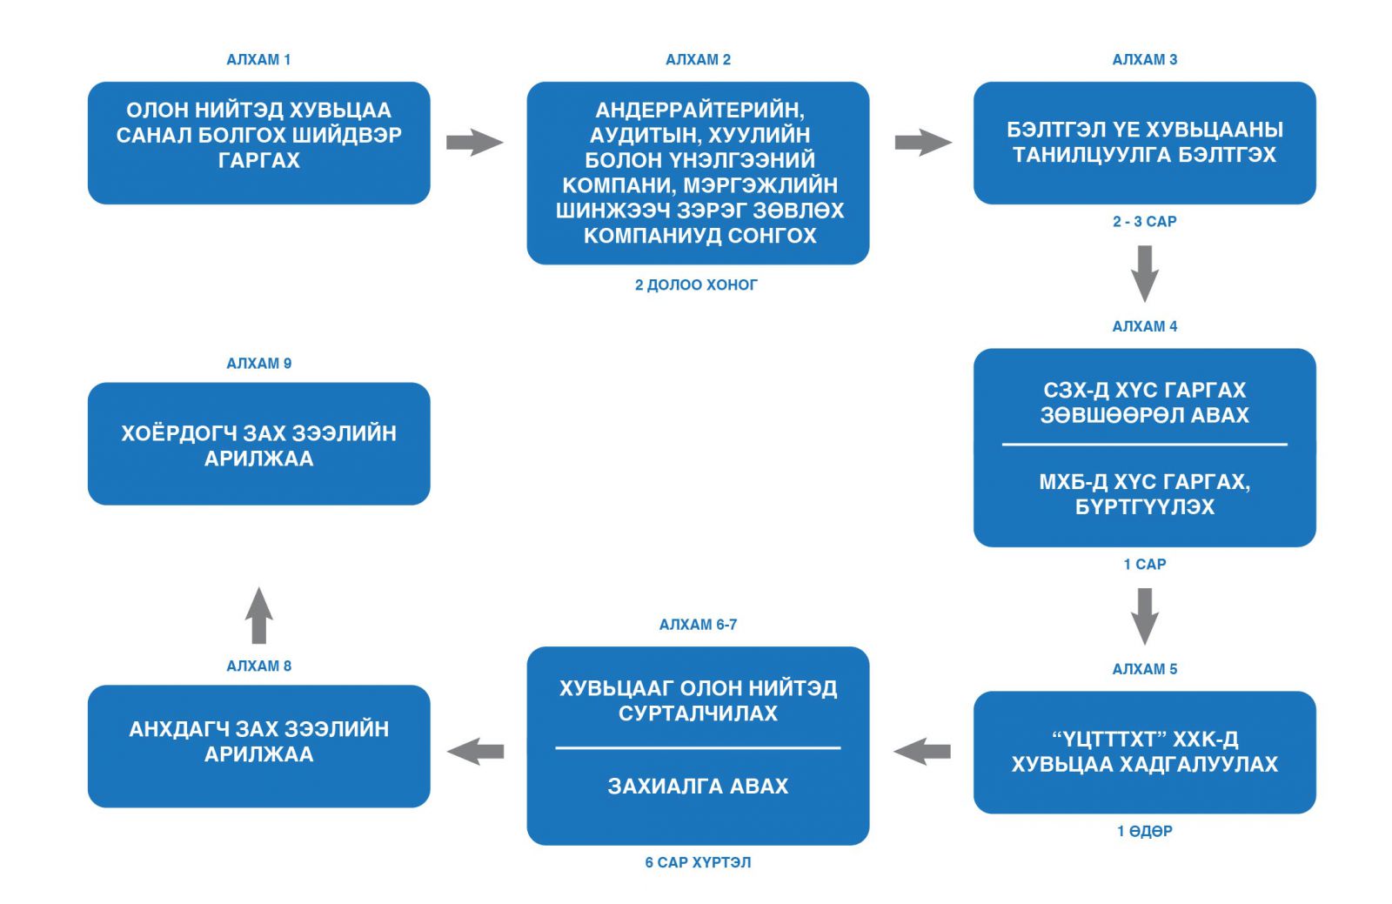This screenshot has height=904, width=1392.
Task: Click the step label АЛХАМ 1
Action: click(258, 60)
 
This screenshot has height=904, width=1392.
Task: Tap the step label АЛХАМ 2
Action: click(698, 60)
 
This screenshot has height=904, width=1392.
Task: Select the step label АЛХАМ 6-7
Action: click(698, 625)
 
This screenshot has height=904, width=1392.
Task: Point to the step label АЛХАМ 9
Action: click(258, 364)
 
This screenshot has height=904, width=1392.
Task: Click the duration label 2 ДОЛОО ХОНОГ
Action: click(696, 285)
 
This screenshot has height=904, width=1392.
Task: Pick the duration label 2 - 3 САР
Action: click(1145, 221)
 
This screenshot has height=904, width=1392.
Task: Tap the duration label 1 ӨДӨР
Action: click(1145, 831)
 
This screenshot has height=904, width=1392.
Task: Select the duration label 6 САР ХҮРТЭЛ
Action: click(698, 862)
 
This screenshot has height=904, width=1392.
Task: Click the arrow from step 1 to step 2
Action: click(475, 143)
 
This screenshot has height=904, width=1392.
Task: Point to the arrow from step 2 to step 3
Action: click(923, 143)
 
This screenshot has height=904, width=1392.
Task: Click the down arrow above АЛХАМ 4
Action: click(1145, 274)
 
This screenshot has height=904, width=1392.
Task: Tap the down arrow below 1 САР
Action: click(1145, 616)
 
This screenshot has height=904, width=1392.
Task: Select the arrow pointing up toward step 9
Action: click(259, 615)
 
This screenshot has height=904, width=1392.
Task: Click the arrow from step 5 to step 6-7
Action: click(922, 752)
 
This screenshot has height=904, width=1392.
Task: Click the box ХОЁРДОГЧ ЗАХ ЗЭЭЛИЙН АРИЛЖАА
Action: click(258, 444)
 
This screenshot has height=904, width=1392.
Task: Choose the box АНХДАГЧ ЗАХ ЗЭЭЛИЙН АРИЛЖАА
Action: click(258, 747)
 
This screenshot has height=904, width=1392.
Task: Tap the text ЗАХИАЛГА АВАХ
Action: click(698, 786)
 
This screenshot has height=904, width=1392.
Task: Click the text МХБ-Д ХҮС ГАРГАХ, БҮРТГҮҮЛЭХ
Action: click(1145, 494)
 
